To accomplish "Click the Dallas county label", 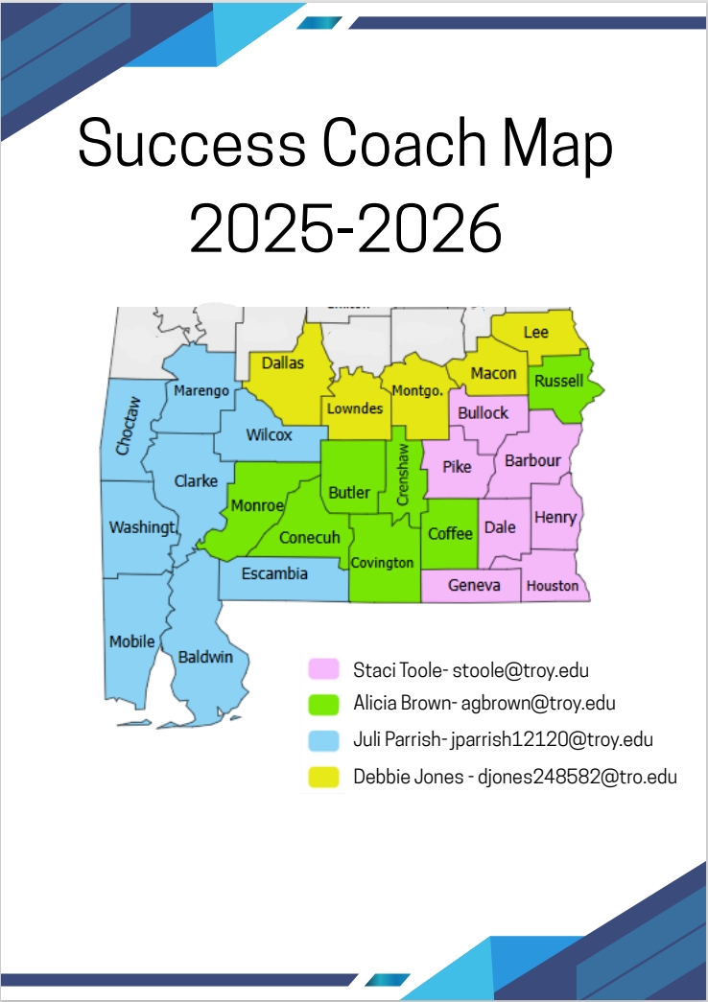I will [282, 363].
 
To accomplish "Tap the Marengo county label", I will [201, 390].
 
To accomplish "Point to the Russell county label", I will [558, 381].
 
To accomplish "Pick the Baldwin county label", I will [205, 657].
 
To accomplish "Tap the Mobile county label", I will [131, 641].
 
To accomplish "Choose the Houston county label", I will [553, 585].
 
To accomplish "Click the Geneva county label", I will [474, 585].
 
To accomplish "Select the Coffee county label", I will [450, 533].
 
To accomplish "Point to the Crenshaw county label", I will [403, 475].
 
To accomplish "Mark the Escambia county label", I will [274, 573].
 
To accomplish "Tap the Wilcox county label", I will [269, 434].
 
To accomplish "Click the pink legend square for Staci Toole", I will [320, 668].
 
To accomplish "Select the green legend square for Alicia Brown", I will [320, 704].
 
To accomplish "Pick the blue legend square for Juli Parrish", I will [320, 740].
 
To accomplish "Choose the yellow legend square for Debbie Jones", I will [320, 777].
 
